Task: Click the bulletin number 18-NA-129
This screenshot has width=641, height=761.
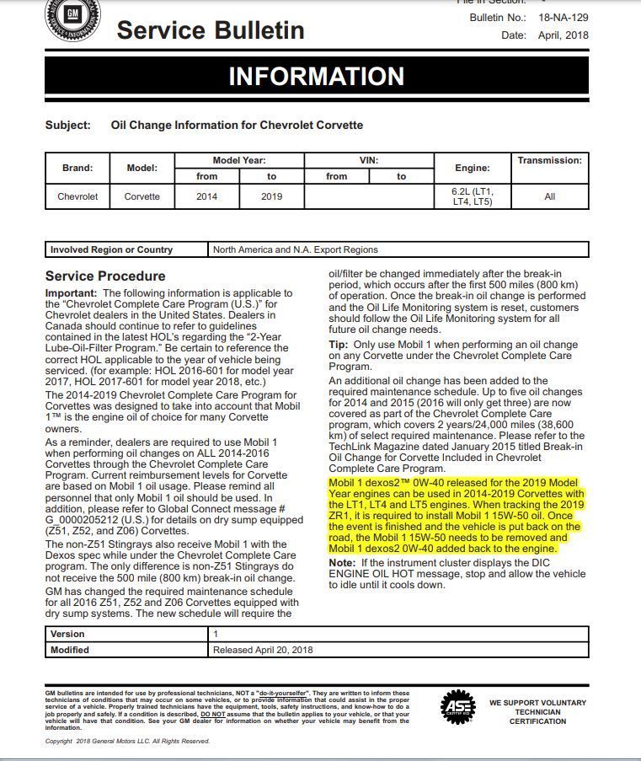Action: (x=564, y=17)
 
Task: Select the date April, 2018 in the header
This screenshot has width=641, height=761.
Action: (x=564, y=35)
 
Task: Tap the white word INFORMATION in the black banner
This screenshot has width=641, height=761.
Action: (x=317, y=76)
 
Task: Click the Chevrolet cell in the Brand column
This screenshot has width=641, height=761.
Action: (x=77, y=196)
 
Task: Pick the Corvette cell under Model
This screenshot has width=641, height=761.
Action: (x=142, y=196)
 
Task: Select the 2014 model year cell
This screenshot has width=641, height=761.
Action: (x=206, y=196)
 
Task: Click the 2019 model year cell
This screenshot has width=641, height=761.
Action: (x=271, y=196)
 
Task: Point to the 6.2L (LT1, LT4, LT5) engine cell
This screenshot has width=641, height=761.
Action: (x=472, y=196)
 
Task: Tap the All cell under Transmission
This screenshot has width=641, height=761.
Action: (x=550, y=196)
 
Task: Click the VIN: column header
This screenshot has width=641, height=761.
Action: (x=369, y=160)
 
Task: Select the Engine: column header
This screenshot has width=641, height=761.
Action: (x=472, y=168)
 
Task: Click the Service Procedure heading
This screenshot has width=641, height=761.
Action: (x=105, y=276)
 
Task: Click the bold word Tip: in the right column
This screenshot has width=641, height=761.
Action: (x=337, y=345)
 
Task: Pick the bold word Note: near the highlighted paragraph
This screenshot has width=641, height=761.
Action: (x=342, y=562)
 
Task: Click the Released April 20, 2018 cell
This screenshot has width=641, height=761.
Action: (x=263, y=650)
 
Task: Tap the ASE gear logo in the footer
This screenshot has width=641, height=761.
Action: (x=458, y=707)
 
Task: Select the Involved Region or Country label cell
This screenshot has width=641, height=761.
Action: (x=111, y=249)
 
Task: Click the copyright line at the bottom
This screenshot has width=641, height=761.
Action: (x=126, y=742)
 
